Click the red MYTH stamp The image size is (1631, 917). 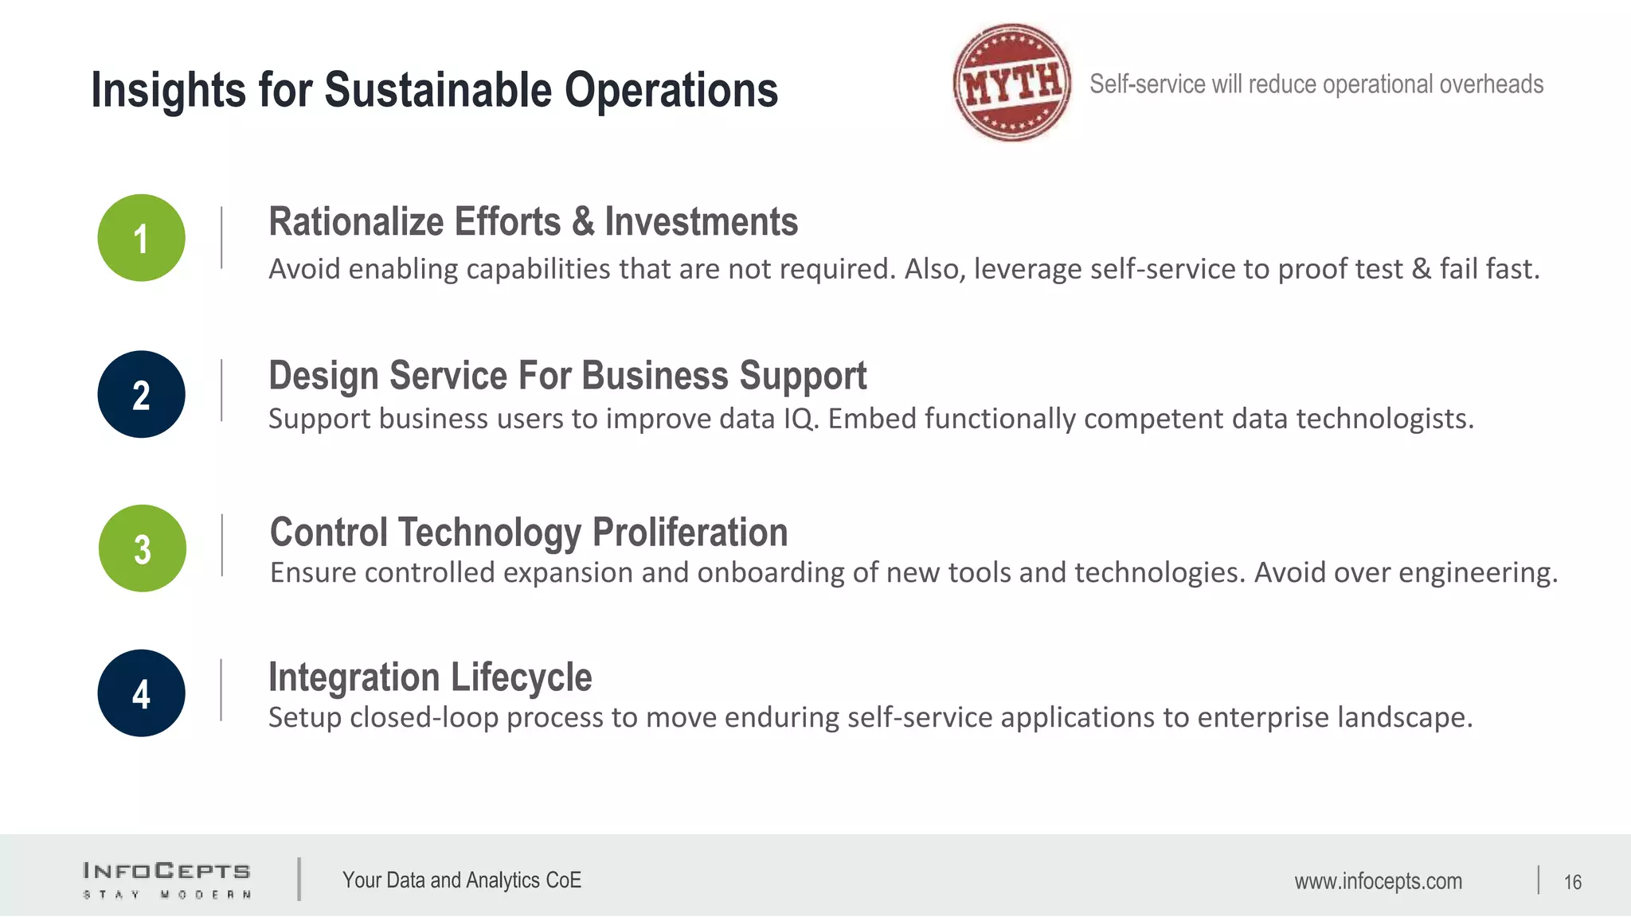coord(1012,83)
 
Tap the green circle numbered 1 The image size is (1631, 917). coord(142,238)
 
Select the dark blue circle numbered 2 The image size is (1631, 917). coord(142,394)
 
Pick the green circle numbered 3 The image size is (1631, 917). coord(143,548)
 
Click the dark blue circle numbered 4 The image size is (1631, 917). coord(142,693)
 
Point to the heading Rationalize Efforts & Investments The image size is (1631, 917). coord(533,221)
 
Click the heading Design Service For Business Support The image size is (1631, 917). coord(567,376)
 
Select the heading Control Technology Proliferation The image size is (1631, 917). coord(529,532)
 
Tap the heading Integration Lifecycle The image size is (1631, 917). coord(430,677)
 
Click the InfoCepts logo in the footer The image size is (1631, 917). coord(167,880)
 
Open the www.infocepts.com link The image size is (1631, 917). coord(1378,881)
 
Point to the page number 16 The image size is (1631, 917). coord(1572,882)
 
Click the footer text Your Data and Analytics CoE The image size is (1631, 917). coord(462,880)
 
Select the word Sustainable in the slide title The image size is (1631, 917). coord(437,89)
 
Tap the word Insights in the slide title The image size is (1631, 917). coord(168,89)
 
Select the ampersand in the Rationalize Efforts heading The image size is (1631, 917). coord(583,221)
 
